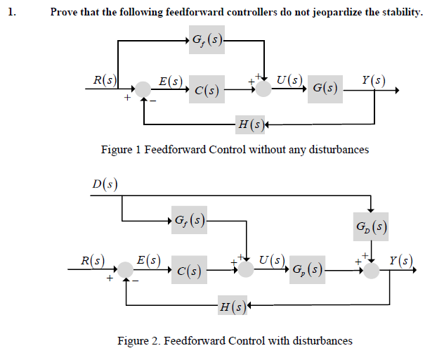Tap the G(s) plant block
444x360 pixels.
[325, 89]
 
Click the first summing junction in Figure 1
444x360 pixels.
[143, 90]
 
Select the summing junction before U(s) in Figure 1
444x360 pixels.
[263, 89]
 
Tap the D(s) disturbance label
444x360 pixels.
[105, 185]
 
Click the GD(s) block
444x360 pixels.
[372, 227]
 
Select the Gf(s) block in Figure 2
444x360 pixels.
[190, 221]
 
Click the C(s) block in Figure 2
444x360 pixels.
[190, 270]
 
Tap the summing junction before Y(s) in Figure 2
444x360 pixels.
[371, 270]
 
